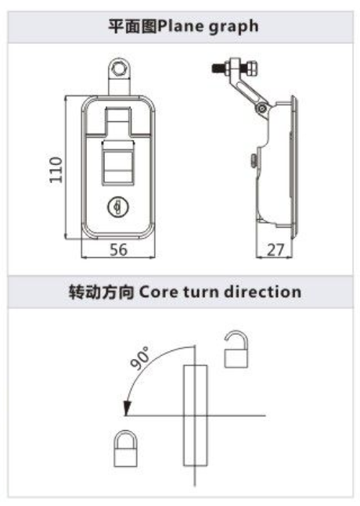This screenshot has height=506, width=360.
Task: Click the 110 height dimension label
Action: (56, 170)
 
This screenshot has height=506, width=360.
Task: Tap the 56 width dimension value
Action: (118, 249)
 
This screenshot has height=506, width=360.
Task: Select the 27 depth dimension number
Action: (275, 249)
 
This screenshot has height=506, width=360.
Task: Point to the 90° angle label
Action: (140, 357)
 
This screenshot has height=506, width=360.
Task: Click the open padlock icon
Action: (236, 349)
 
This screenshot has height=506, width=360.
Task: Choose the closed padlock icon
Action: (125, 449)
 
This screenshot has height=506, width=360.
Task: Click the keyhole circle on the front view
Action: (117, 206)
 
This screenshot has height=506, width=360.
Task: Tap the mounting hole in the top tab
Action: (119, 69)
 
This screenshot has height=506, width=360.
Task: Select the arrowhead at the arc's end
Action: (127, 408)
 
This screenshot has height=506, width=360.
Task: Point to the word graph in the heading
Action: (233, 27)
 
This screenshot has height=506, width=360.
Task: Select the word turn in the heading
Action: (201, 292)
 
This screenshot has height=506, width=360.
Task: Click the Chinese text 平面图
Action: (132, 26)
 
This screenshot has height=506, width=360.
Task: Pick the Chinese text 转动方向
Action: (102, 292)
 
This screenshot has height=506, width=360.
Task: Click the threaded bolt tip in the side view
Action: (218, 68)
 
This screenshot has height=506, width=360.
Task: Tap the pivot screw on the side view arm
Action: (262, 109)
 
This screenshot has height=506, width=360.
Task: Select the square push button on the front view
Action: (118, 163)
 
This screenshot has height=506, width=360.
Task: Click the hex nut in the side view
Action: (252, 69)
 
